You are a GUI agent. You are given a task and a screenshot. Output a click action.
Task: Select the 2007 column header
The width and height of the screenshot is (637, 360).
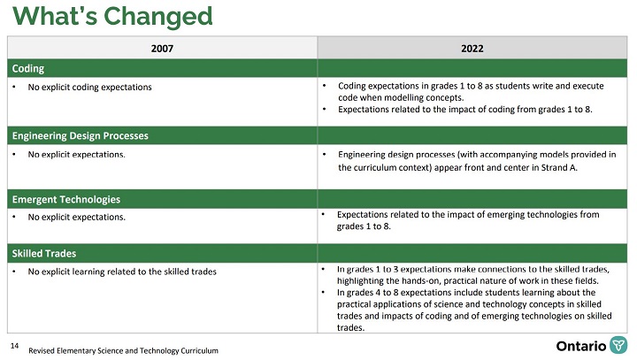(162, 49)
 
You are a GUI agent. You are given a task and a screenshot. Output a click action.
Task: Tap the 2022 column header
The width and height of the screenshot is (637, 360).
(472, 49)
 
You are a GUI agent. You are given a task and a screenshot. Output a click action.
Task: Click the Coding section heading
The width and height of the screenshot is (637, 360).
(27, 68)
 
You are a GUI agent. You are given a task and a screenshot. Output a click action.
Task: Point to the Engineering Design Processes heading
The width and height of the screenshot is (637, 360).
(80, 135)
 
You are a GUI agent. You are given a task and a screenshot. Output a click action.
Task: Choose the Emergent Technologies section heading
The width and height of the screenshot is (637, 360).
(65, 199)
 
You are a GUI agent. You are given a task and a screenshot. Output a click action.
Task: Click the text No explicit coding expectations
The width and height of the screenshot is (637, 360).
(89, 87)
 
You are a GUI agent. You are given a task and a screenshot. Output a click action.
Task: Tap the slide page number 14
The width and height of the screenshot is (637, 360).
(14, 344)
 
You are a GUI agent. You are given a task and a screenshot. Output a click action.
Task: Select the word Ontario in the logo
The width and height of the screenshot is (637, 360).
(581, 345)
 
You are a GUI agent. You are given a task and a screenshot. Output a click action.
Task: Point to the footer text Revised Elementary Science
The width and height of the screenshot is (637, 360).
(123, 351)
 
